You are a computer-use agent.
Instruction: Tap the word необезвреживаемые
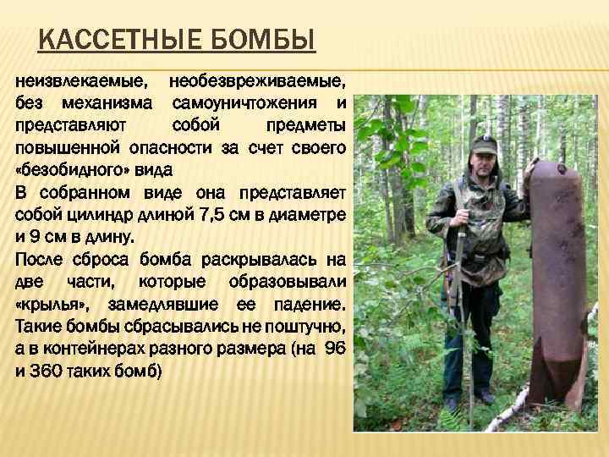coord(257,82)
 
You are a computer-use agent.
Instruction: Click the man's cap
coord(483,144)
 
